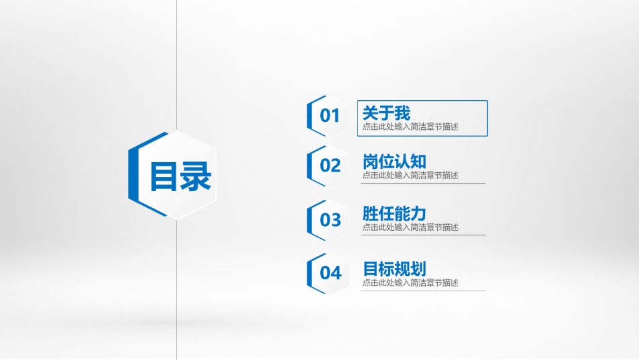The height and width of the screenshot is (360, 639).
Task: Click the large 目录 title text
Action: [180, 176]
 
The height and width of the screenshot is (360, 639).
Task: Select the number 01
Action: [330, 116]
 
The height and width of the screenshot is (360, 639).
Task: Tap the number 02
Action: [330, 166]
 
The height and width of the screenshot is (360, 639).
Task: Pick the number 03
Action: [330, 219]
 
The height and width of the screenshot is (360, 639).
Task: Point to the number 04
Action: [330, 273]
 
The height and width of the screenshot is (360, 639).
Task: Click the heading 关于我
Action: [386, 113]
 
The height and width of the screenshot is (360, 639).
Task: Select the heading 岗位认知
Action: [394, 161]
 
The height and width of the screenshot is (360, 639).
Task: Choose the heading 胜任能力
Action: [394, 214]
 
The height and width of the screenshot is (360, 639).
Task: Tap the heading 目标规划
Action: [394, 268]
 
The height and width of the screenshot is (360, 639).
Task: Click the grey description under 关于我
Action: [410, 127]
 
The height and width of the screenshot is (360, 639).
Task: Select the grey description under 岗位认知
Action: [410, 175]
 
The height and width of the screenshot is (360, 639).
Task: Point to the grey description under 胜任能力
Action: [410, 227]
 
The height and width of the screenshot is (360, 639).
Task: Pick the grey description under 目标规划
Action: [410, 283]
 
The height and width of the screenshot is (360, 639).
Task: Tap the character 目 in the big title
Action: [163, 176]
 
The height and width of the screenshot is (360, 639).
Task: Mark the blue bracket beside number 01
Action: [310, 116]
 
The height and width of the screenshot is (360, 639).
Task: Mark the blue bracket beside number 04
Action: [310, 273]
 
